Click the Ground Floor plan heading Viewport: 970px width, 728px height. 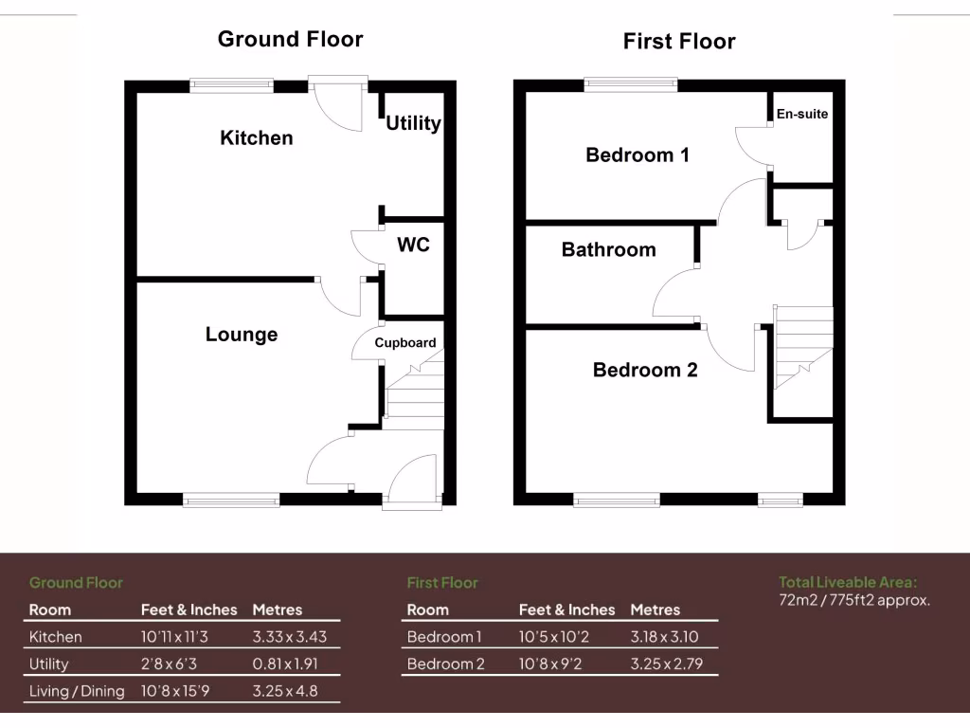290,39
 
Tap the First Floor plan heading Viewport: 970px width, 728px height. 678,41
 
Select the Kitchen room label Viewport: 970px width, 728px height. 257,137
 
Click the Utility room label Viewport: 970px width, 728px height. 413,123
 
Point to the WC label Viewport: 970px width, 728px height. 413,245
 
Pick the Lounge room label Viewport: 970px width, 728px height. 242,334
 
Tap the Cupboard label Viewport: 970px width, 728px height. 405,343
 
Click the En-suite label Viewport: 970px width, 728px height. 801,114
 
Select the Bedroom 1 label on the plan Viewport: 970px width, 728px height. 638,155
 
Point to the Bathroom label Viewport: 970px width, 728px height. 608,249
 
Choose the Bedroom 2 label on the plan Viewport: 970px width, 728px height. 645,370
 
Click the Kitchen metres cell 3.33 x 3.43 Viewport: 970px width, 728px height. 289,636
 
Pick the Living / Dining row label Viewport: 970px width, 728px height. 77,691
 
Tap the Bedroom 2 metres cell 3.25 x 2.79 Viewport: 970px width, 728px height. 667,664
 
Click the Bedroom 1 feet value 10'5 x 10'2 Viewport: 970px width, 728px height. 555,636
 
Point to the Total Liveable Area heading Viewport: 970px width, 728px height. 848,582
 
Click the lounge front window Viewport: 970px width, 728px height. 231,499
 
